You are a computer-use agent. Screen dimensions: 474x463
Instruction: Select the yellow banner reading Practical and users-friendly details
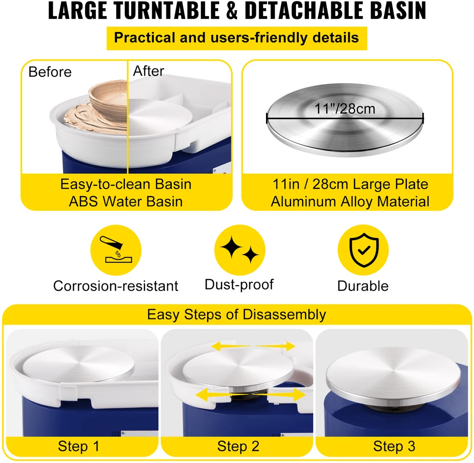pyautogui.click(x=237, y=38)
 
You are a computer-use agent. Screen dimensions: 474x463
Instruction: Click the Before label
pyautogui.click(x=50, y=72)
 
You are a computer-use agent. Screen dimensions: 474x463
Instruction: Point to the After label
pyautogui.click(x=148, y=71)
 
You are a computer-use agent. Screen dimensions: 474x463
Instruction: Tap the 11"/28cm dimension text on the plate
pyautogui.click(x=344, y=108)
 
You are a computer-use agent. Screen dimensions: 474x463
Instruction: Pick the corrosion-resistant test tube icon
pyautogui.click(x=116, y=250)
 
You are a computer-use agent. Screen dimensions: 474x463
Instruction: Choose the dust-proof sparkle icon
pyautogui.click(x=239, y=250)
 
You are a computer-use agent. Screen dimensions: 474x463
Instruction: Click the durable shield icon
pyautogui.click(x=363, y=250)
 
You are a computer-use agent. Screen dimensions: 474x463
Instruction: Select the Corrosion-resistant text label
pyautogui.click(x=116, y=286)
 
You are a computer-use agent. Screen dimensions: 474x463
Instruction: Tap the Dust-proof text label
pyautogui.click(x=239, y=285)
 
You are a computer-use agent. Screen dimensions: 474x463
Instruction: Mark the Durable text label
pyautogui.click(x=363, y=286)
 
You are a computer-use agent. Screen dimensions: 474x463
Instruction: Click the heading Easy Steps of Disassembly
pyautogui.click(x=237, y=315)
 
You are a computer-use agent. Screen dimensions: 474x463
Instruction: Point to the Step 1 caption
pyautogui.click(x=78, y=446)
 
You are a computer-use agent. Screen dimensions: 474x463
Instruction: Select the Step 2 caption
pyautogui.click(x=238, y=446)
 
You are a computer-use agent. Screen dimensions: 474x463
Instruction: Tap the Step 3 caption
pyautogui.click(x=394, y=446)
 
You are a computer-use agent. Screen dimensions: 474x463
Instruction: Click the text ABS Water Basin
pyautogui.click(x=126, y=201)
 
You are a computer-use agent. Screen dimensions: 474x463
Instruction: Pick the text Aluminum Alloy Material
pyautogui.click(x=350, y=201)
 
